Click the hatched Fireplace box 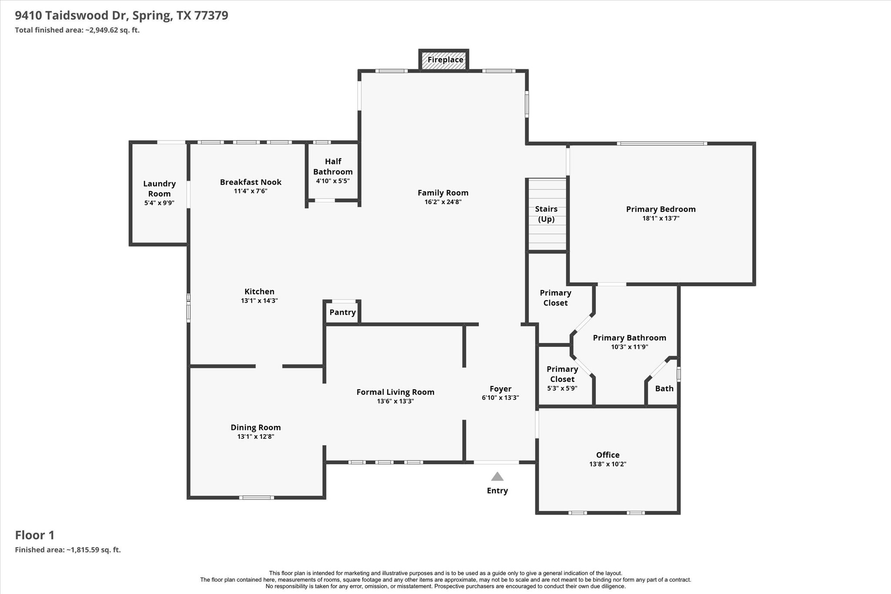click(444, 60)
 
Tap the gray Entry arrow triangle click(497, 477)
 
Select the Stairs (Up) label click(546, 214)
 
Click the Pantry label click(342, 312)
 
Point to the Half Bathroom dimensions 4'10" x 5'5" click(333, 181)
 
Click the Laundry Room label click(159, 188)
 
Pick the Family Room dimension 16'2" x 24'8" click(443, 202)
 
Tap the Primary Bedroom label click(660, 209)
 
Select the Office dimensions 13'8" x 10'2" click(607, 464)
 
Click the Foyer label click(500, 389)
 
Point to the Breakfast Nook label click(251, 182)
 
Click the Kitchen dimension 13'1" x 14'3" click(259, 301)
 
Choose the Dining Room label click(255, 427)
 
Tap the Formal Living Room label click(395, 392)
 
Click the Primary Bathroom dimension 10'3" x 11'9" click(629, 347)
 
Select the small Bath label click(664, 389)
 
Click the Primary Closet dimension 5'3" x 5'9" click(562, 389)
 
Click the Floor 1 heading click(35, 535)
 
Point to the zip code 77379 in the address click(211, 16)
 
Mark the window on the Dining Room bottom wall click(256, 497)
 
